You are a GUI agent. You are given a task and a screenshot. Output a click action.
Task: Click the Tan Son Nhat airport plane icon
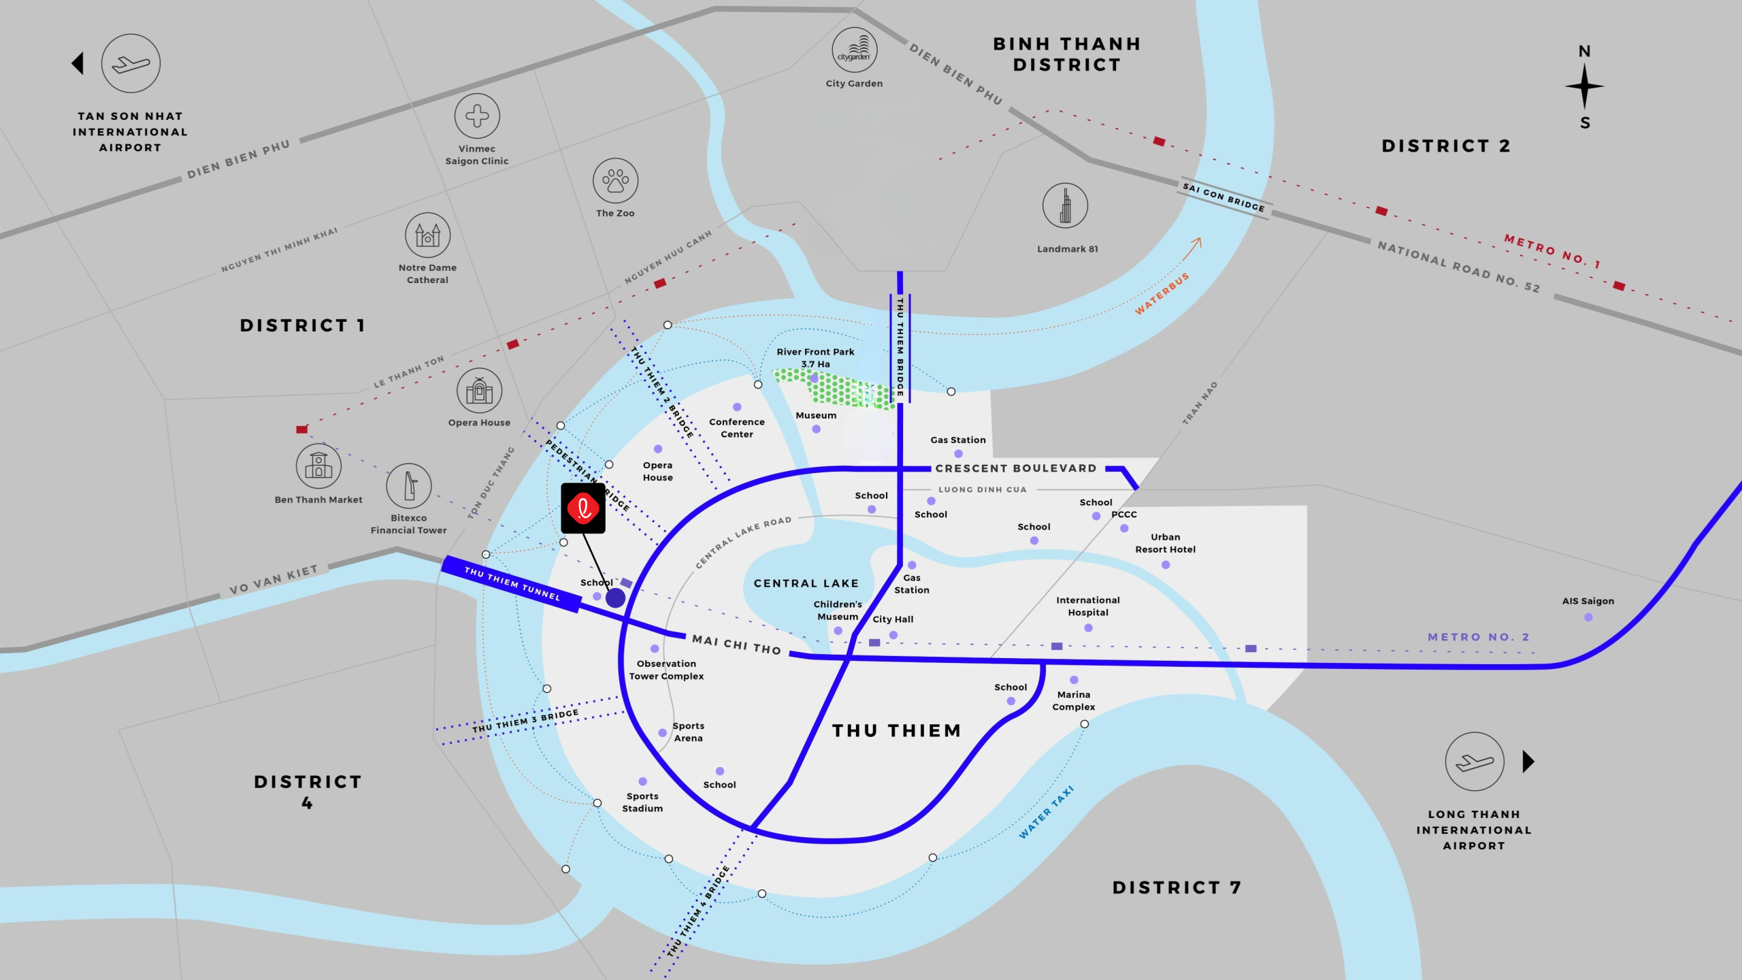pyautogui.click(x=131, y=64)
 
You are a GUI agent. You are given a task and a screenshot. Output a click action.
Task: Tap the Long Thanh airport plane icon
pyautogui.click(x=1475, y=762)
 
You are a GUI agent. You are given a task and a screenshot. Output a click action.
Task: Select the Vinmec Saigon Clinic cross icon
pyautogui.click(x=477, y=116)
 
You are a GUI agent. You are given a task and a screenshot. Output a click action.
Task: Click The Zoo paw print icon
pyautogui.click(x=615, y=181)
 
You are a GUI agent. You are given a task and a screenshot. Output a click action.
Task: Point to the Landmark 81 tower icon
pyautogui.click(x=1065, y=206)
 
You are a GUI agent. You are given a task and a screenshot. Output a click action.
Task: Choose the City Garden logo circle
pyautogui.click(x=854, y=50)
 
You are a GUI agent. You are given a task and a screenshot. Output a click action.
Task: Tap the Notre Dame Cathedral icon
pyautogui.click(x=427, y=235)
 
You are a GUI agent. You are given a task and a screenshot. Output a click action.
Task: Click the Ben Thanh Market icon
pyautogui.click(x=318, y=466)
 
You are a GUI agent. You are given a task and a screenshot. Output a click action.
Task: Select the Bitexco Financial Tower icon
pyautogui.click(x=408, y=486)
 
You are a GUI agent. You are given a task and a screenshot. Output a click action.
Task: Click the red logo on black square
pyautogui.click(x=583, y=508)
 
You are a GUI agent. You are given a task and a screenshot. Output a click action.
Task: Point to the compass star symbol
pyautogui.click(x=1584, y=86)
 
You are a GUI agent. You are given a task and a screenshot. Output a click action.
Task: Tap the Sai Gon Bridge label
pyautogui.click(x=1223, y=197)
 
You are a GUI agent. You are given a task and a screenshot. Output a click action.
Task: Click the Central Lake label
pyautogui.click(x=806, y=583)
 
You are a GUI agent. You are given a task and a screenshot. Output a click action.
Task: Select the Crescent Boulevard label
pyautogui.click(x=1016, y=468)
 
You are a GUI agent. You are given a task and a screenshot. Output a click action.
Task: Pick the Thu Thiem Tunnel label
pyautogui.click(x=512, y=583)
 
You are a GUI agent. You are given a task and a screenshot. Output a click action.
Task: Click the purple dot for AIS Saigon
pyautogui.click(x=1588, y=617)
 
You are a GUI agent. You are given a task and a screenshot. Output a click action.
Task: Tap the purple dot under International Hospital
pyautogui.click(x=1088, y=628)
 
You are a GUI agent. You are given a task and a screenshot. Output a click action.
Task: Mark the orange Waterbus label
pyautogui.click(x=1162, y=293)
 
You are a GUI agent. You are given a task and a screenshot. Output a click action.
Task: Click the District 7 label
pyautogui.click(x=1177, y=887)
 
